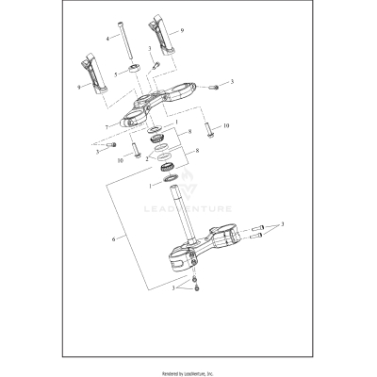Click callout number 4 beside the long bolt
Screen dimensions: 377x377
108,39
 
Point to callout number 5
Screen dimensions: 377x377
115,73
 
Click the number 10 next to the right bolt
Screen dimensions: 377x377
224,125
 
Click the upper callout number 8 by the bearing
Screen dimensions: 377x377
191,133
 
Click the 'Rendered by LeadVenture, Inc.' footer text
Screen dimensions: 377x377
188,371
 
